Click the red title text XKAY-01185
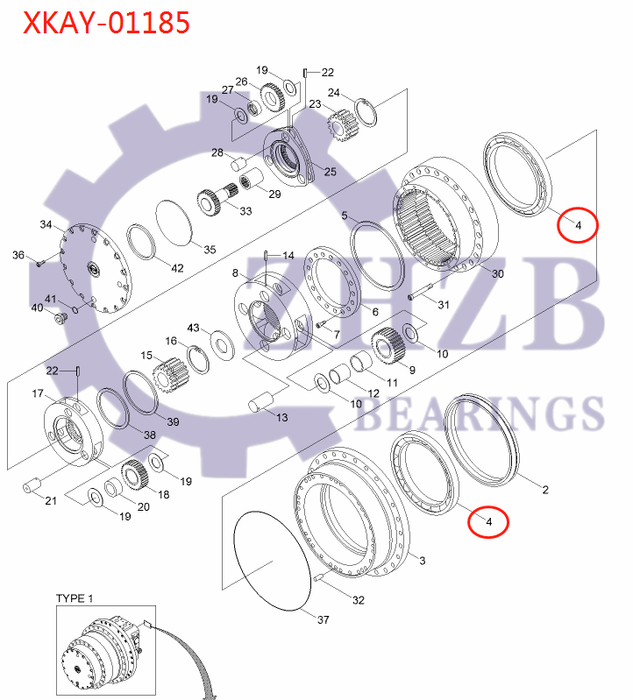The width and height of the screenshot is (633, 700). coord(106,24)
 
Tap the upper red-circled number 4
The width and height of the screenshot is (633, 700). coord(578,225)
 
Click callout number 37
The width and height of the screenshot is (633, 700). coord(323,619)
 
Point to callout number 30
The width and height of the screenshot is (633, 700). coord(498,274)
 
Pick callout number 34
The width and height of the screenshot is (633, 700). coord(46,225)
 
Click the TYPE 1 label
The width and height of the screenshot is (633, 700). coord(75,597)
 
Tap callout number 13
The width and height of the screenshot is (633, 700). coord(281,418)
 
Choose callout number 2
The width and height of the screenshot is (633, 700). coord(544,490)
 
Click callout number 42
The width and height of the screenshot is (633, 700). coord(177,267)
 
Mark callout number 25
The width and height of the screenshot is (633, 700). coord(330,172)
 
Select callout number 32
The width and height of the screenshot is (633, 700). coord(358,600)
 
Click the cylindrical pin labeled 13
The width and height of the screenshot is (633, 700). coord(261,403)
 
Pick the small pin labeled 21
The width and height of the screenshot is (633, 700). coord(34,484)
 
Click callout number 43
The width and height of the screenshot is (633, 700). coord(194,327)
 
